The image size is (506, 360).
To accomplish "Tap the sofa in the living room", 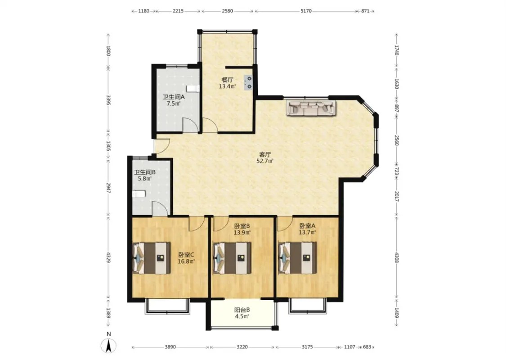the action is click(311, 108).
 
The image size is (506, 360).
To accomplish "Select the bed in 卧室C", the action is click(152, 258).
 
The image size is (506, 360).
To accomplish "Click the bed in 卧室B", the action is click(233, 258).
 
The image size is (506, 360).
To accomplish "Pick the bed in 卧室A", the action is click(297, 258).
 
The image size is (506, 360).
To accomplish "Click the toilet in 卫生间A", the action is click(193, 89).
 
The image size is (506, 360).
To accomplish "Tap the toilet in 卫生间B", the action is click(139, 194).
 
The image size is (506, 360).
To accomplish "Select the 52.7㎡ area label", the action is click(265, 161).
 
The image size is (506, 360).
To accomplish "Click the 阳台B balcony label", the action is click(242, 310).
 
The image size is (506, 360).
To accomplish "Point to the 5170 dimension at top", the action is click(306, 11).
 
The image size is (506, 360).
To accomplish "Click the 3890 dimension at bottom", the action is click(170, 347).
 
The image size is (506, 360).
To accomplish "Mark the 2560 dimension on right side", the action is click(397, 140).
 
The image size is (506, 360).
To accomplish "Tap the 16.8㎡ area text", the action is click(186, 261).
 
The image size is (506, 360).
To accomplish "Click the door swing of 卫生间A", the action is click(190, 125).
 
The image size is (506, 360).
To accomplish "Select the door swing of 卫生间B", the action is click(160, 208).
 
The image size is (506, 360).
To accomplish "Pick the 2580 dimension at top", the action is click(227, 11).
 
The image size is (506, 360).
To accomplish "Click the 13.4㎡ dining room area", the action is click(227, 86).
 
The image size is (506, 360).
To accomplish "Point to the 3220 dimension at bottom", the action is click(242, 347).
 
